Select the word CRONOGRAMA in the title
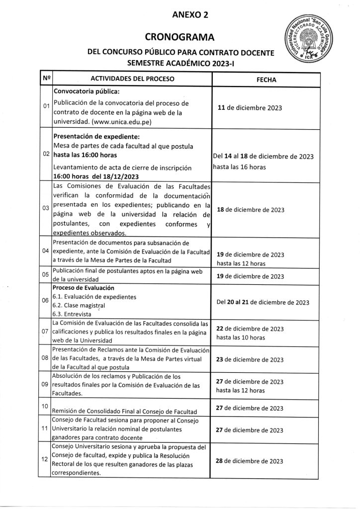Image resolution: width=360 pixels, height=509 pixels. tap(180, 37)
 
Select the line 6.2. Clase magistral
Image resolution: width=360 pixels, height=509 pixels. tap(79, 305)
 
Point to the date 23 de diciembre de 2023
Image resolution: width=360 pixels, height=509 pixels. tap(250, 359)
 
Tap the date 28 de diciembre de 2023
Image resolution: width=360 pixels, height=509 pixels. tap(250, 461)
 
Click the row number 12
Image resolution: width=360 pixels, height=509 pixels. tap(45, 460)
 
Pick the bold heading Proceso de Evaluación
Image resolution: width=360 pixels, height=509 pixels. tap(84, 288)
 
